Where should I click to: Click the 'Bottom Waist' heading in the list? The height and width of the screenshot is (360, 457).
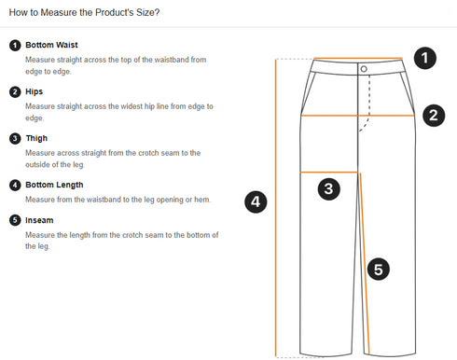pyautogui.click(x=52, y=45)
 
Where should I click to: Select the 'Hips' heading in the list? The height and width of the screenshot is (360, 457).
pyautogui.click(x=35, y=91)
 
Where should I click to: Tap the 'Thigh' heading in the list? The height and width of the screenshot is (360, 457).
pyautogui.click(x=36, y=138)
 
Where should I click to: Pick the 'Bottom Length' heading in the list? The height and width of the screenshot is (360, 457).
pyautogui.click(x=54, y=185)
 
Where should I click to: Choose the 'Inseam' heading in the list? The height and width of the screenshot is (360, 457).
pyautogui.click(x=39, y=220)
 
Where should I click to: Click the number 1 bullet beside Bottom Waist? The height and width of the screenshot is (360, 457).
pyautogui.click(x=15, y=45)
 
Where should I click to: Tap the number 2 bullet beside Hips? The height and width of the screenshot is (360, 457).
pyautogui.click(x=15, y=91)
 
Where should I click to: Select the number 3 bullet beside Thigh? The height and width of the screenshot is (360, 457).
pyautogui.click(x=15, y=138)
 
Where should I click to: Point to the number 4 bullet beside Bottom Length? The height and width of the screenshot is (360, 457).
pyautogui.click(x=15, y=185)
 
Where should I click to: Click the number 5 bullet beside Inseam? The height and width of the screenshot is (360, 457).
pyautogui.click(x=15, y=220)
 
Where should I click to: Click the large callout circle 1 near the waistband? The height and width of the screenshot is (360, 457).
pyautogui.click(x=424, y=59)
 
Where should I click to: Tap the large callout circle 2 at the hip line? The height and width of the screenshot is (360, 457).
pyautogui.click(x=433, y=116)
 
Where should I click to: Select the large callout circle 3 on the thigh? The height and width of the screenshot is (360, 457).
pyautogui.click(x=328, y=189)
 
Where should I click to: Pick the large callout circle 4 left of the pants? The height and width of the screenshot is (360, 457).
pyautogui.click(x=256, y=201)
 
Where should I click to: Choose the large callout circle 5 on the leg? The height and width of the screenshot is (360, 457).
pyautogui.click(x=377, y=270)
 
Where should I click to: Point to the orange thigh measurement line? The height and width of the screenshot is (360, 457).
pyautogui.click(x=329, y=172)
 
